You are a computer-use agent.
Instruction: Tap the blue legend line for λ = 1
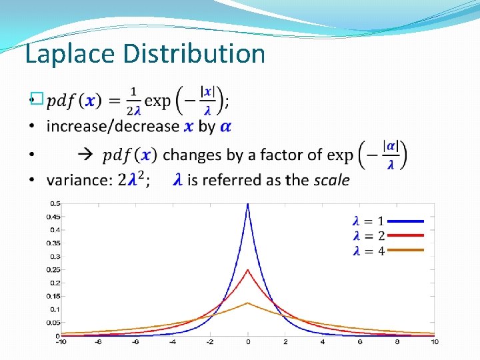point(405,220)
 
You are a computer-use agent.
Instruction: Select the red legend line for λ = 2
point(405,235)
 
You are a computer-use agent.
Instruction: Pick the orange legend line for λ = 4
point(405,251)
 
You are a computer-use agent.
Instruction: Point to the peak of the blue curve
point(248,205)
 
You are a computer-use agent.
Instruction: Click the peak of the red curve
point(248,270)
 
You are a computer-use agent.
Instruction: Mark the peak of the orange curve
point(248,303)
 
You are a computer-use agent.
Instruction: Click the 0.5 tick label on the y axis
point(55,203)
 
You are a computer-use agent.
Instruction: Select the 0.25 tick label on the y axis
point(53,269)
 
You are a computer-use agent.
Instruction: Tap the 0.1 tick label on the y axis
point(55,309)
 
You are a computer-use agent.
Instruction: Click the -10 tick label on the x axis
point(60,343)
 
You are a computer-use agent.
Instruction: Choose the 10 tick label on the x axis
point(435,343)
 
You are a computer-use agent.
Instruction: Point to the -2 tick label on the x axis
point(210,343)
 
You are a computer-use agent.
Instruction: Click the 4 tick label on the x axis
point(323,343)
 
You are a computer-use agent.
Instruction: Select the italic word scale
point(331,180)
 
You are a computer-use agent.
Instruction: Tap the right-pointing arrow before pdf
point(87,155)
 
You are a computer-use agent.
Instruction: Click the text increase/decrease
point(113,126)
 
